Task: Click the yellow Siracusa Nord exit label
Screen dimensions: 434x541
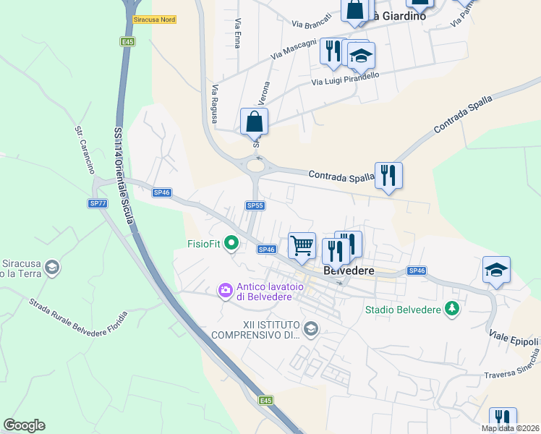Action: tap(154, 20)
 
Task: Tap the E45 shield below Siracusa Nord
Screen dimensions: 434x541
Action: tap(127, 42)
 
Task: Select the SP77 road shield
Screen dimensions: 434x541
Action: tap(98, 204)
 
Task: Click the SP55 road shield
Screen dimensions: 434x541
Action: tap(255, 206)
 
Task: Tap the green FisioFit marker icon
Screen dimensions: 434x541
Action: tap(231, 243)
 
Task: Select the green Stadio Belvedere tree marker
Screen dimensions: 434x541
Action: tap(452, 309)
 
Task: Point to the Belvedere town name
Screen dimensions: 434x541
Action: tap(349, 270)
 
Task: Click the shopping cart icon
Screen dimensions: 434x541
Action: tap(302, 244)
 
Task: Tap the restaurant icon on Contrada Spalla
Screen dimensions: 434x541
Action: tap(388, 175)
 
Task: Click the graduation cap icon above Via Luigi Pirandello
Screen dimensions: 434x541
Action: tap(361, 55)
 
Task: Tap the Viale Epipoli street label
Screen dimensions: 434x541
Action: tap(515, 338)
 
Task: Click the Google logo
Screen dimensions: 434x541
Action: tap(24, 425)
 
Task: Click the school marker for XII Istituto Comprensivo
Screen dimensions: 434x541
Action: tap(310, 329)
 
